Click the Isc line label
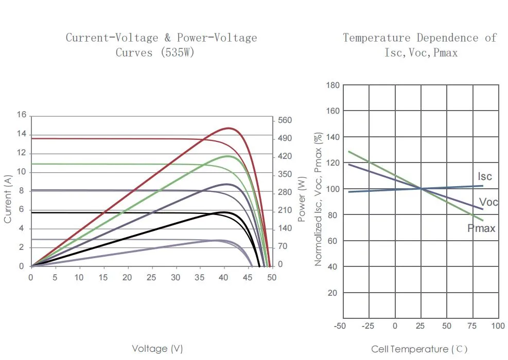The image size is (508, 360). point(485,176)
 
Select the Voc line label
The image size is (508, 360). point(488,202)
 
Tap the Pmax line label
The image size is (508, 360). point(481,228)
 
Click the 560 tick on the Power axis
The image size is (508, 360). point(285,120)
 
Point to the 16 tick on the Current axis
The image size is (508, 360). point(21,115)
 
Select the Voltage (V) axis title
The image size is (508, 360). point(157,349)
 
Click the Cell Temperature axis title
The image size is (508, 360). point(419,349)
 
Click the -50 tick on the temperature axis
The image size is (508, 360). point(340,326)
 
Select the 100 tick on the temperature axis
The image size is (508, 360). point(498,326)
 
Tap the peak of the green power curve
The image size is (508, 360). point(227,156)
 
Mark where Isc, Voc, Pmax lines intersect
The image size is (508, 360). point(421,189)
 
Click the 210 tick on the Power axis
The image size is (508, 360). point(285,210)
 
